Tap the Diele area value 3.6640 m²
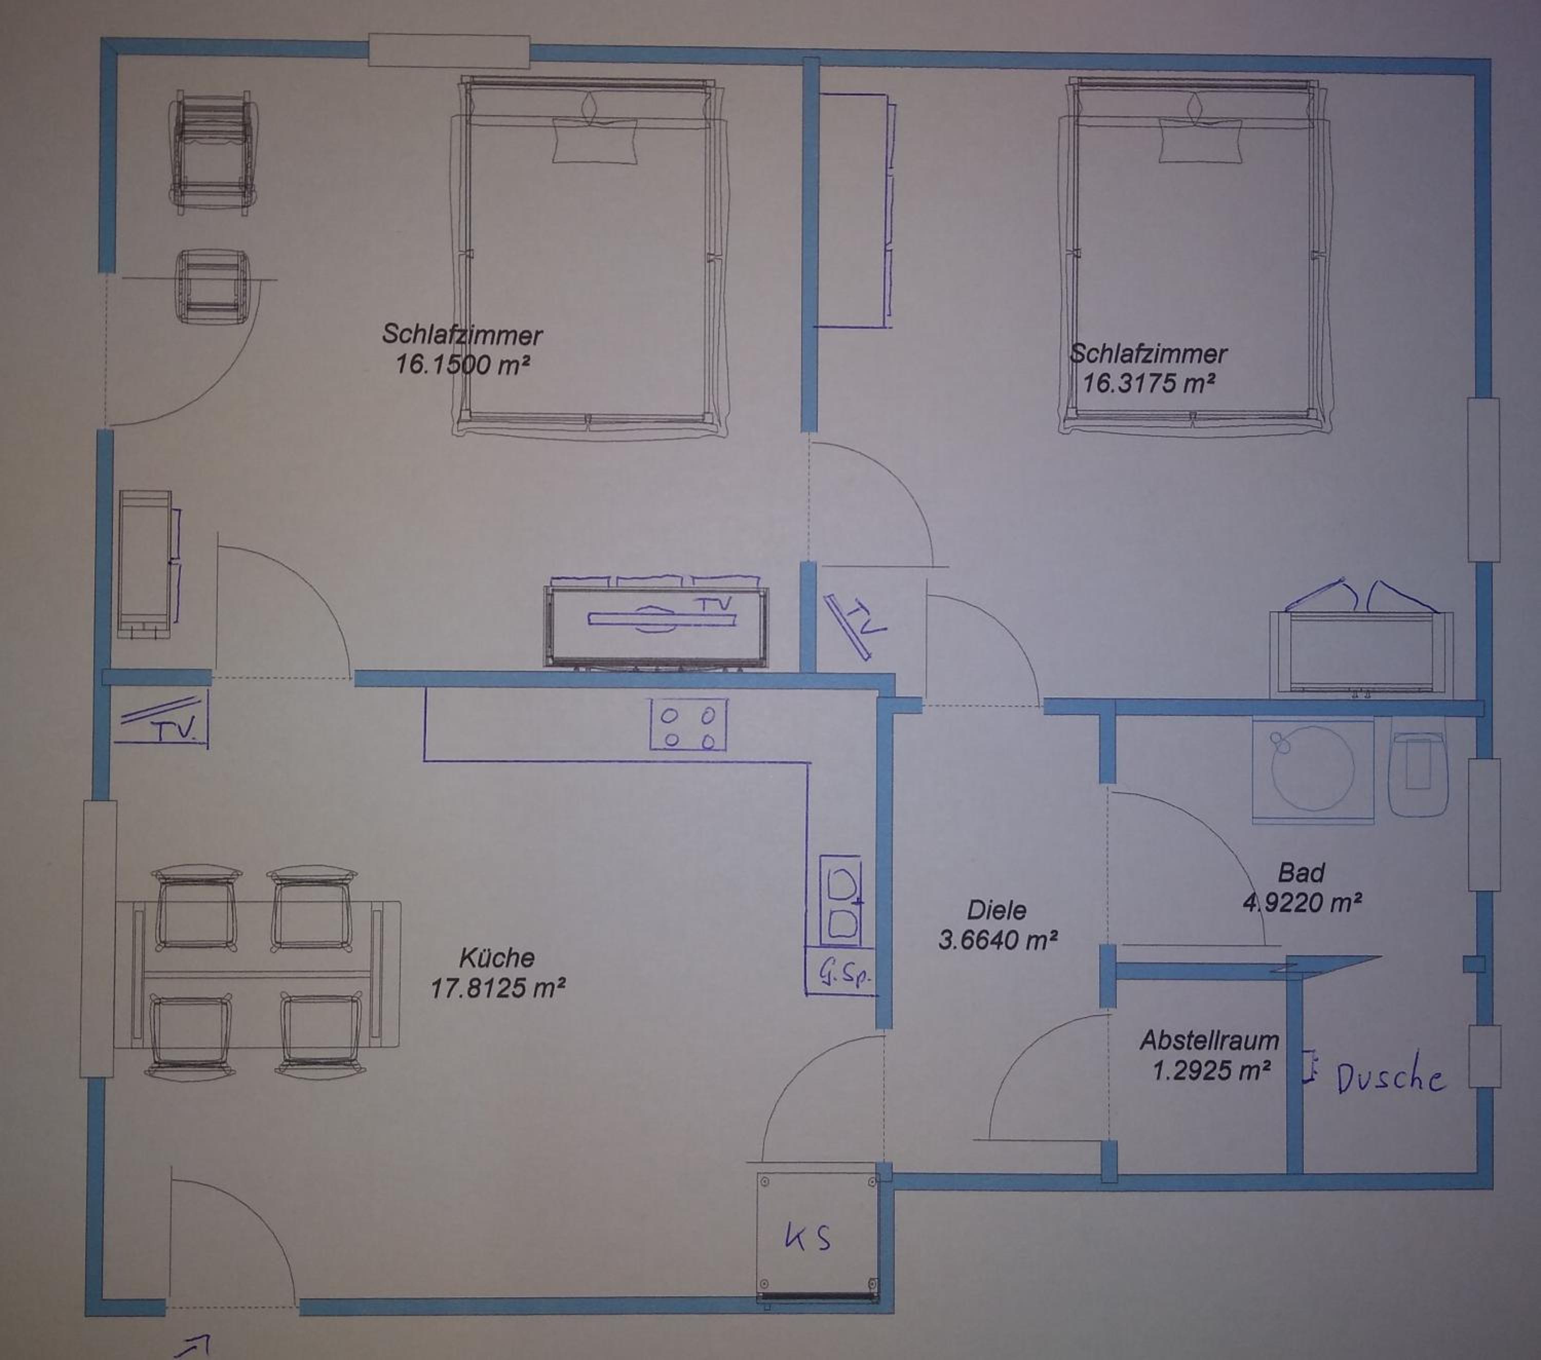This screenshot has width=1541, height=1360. pyautogui.click(x=998, y=940)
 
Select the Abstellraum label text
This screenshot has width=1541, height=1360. pyautogui.click(x=1209, y=1041)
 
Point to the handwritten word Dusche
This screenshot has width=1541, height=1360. pyautogui.click(x=1391, y=1079)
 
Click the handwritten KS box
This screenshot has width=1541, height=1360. pyautogui.click(x=818, y=1238)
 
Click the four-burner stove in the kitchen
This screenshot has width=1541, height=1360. pyautogui.click(x=689, y=725)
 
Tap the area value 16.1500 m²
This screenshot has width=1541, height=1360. pyautogui.click(x=462, y=365)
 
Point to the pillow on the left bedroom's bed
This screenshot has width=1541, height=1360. pyautogui.click(x=595, y=140)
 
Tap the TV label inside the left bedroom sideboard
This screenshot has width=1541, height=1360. pyautogui.click(x=712, y=604)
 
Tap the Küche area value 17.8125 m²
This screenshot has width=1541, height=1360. pyautogui.click(x=498, y=988)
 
